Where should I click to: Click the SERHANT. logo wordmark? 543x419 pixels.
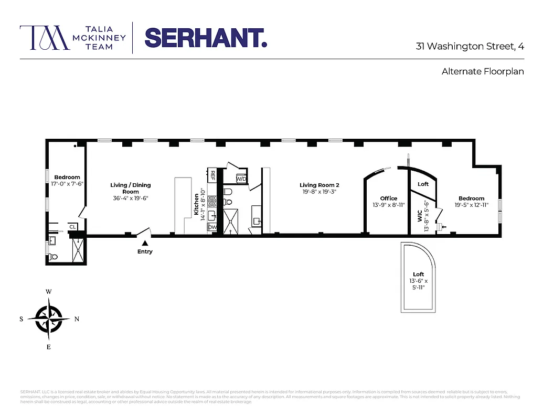(206, 38)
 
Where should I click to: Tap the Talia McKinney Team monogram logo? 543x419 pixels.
(45, 38)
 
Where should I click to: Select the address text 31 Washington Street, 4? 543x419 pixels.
(470, 46)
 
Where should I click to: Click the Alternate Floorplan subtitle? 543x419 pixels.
(483, 71)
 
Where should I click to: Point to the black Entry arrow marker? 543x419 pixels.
(145, 242)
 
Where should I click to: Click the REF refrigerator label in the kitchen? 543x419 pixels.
(213, 176)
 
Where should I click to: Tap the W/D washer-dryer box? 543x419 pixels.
(241, 179)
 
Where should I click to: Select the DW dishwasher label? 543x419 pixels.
(212, 228)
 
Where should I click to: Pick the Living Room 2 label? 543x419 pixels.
(320, 185)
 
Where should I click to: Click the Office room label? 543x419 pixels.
(389, 199)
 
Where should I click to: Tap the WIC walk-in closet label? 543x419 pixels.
(420, 215)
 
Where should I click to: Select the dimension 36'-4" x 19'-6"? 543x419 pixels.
(131, 199)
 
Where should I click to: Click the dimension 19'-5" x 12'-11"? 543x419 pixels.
(471, 205)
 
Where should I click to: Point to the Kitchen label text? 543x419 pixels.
(197, 205)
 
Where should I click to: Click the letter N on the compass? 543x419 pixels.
(77, 319)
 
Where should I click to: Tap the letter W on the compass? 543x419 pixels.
(49, 292)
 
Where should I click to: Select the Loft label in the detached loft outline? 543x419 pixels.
(418, 274)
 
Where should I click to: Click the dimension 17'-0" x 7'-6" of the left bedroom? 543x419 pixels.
(67, 184)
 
